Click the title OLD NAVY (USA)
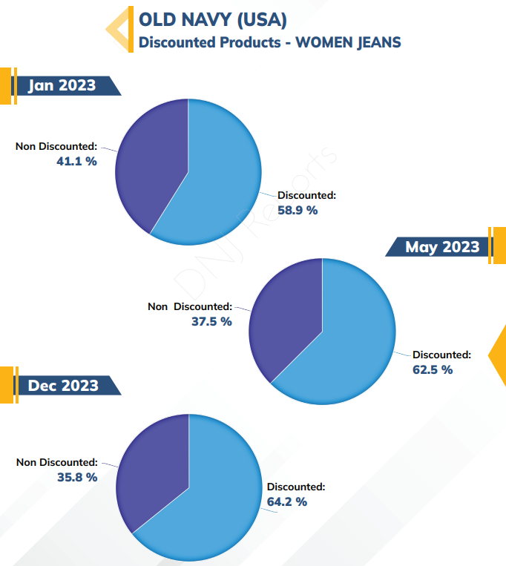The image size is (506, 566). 213,19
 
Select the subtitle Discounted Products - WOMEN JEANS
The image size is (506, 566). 269,42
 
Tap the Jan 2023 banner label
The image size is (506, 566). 62,85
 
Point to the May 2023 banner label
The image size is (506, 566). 442,247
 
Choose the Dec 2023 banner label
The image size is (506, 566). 63,386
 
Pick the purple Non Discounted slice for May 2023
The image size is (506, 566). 285,317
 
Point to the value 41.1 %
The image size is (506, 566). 76,161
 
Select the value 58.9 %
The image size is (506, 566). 298,210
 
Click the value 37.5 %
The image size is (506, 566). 211,321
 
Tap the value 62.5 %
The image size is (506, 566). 433,369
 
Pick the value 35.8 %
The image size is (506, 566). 77,477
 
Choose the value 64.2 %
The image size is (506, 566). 287,501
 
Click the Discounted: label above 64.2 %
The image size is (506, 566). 296,487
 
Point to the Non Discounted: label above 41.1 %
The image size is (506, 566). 56,146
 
